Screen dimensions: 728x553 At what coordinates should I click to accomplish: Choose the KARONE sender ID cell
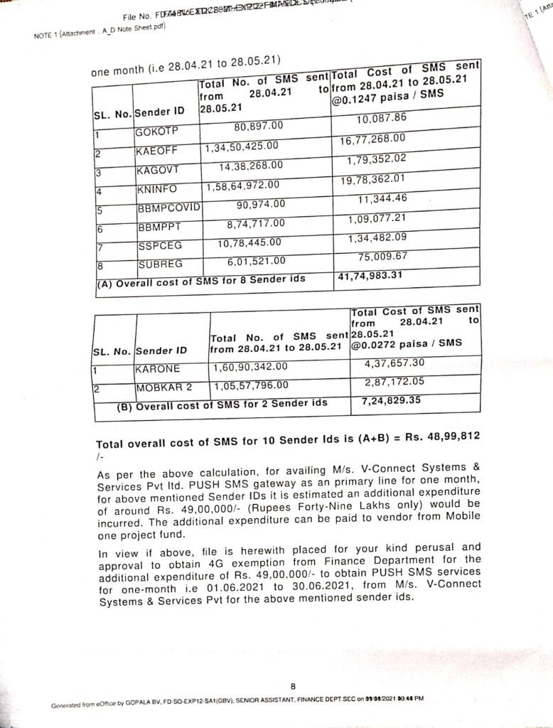(x=158, y=369)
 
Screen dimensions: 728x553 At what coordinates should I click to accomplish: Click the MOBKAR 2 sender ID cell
(x=163, y=387)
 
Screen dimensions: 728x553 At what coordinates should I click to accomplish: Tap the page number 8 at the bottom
(x=293, y=686)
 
